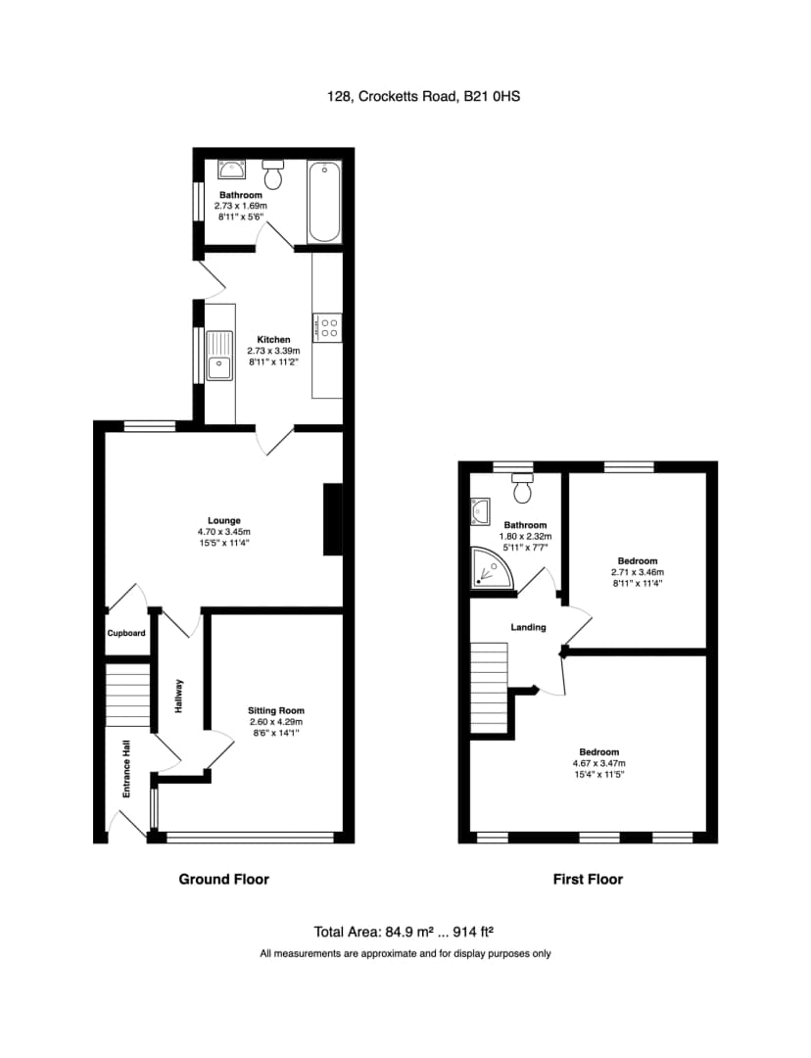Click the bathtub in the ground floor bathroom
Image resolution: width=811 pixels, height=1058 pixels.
tap(324, 201)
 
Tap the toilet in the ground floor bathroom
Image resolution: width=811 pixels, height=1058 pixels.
tap(272, 174)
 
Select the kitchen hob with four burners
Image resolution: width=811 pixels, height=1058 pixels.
tap(327, 328)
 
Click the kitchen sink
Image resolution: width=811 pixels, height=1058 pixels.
tap(219, 355)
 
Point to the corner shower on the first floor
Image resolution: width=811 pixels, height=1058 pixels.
tap(491, 567)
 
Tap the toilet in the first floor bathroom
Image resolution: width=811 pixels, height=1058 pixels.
tap(523, 488)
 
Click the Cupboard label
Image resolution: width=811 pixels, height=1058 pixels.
tap(126, 633)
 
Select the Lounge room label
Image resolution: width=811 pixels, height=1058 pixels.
tap(224, 520)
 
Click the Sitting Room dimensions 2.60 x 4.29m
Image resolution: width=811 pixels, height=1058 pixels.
tap(276, 721)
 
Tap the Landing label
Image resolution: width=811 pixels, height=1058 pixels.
tap(528, 627)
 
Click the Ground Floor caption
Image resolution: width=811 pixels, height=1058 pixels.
tap(224, 879)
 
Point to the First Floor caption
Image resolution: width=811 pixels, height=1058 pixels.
tap(588, 879)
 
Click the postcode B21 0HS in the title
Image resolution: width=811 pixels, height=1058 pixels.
tap(492, 96)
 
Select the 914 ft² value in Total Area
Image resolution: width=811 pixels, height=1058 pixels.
tap(473, 932)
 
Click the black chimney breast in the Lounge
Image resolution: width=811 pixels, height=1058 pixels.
tap(333, 519)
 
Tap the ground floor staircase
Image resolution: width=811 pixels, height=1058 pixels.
tap(127, 695)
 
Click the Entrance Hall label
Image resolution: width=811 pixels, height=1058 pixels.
tap(126, 769)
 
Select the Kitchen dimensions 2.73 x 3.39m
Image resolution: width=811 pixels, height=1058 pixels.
tap(273, 351)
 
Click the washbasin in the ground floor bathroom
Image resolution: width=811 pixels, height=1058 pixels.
tap(231, 169)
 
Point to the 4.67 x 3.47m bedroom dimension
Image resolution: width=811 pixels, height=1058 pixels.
tap(599, 763)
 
